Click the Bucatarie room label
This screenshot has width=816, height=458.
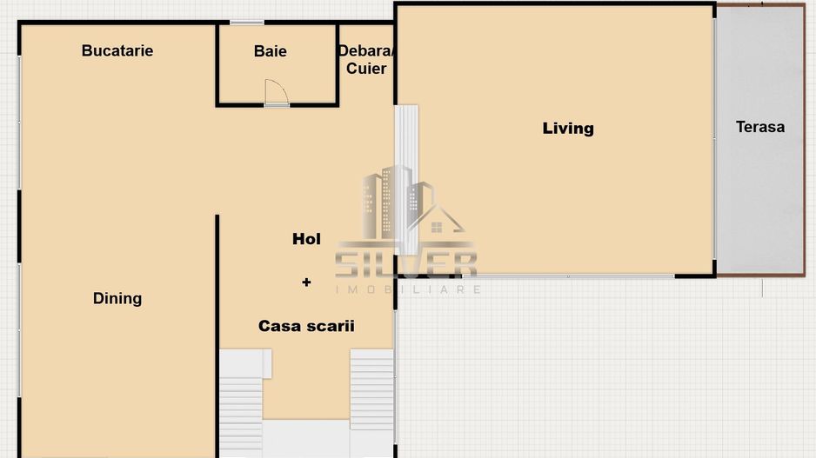117,50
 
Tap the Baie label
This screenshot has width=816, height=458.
270,51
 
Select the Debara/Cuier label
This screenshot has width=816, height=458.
366,60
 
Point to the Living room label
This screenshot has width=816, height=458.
568,129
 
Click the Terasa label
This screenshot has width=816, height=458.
759,127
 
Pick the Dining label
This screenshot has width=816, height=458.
117,298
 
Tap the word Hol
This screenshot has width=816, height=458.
306,239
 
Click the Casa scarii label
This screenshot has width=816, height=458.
306,326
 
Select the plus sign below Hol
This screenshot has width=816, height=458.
306,282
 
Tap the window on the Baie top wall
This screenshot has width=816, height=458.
247,22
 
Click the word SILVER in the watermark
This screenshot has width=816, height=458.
406,263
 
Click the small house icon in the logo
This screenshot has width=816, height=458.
435,226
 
